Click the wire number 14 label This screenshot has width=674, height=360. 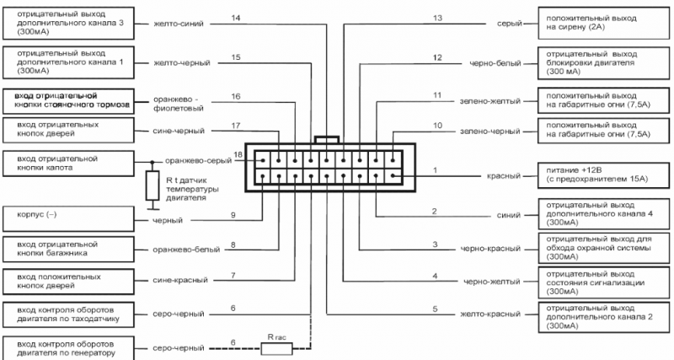click(x=235, y=19)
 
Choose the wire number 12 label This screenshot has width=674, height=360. click(x=437, y=57)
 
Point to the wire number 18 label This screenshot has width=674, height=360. click(x=238, y=155)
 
